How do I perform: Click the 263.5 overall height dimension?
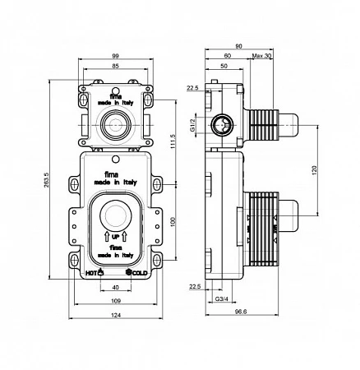46,180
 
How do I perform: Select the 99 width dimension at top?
116,56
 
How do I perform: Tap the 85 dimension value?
116,66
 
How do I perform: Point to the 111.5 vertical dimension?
173,141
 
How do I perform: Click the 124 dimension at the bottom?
116,315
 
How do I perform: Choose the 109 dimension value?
116,301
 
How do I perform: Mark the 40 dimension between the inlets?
116,287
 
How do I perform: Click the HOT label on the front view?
91,273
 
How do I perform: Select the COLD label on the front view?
140,273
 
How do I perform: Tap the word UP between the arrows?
116,237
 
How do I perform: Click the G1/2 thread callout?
192,125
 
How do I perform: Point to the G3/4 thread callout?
222,298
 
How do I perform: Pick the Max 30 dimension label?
261,56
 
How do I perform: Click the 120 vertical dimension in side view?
314,170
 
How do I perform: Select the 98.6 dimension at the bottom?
241,312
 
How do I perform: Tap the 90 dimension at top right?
239,46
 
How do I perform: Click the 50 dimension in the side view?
224,66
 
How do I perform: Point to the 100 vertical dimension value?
173,222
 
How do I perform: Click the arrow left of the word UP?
107,237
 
